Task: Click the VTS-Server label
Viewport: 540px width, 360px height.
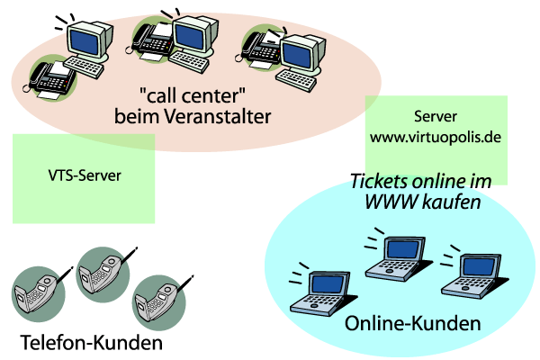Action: coord(84,176)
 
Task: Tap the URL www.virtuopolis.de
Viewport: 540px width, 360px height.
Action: coord(436,139)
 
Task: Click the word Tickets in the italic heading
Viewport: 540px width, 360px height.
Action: coord(378,183)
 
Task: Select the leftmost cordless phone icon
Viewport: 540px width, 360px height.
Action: coord(40,290)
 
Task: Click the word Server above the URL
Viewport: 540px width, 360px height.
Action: coord(436,118)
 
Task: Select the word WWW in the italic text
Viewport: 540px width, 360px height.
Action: coord(388,203)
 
